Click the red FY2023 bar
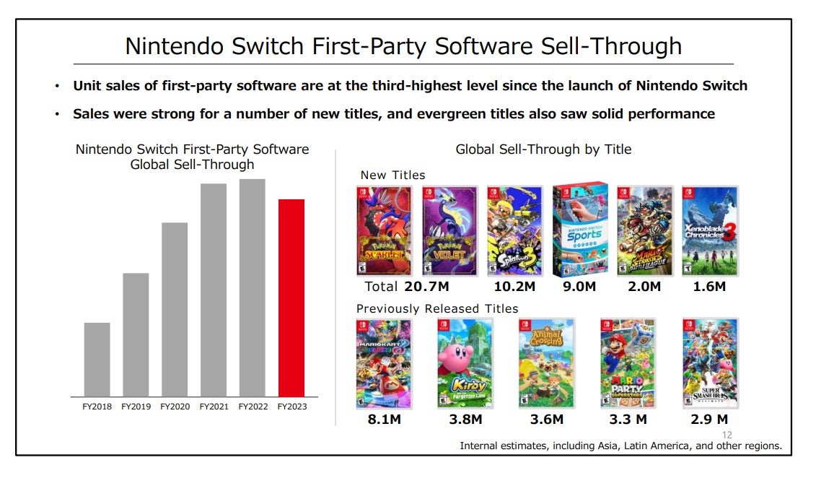click(291, 298)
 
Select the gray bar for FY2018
click(97, 359)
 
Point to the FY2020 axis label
click(175, 407)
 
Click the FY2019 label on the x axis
click(136, 407)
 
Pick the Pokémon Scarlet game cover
click(384, 231)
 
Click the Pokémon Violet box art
click(449, 231)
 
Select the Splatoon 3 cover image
click(514, 231)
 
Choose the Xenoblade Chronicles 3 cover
click(710, 231)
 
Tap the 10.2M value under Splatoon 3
click(515, 287)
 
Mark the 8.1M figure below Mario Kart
click(382, 419)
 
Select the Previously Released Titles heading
click(437, 308)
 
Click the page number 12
click(727, 435)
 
